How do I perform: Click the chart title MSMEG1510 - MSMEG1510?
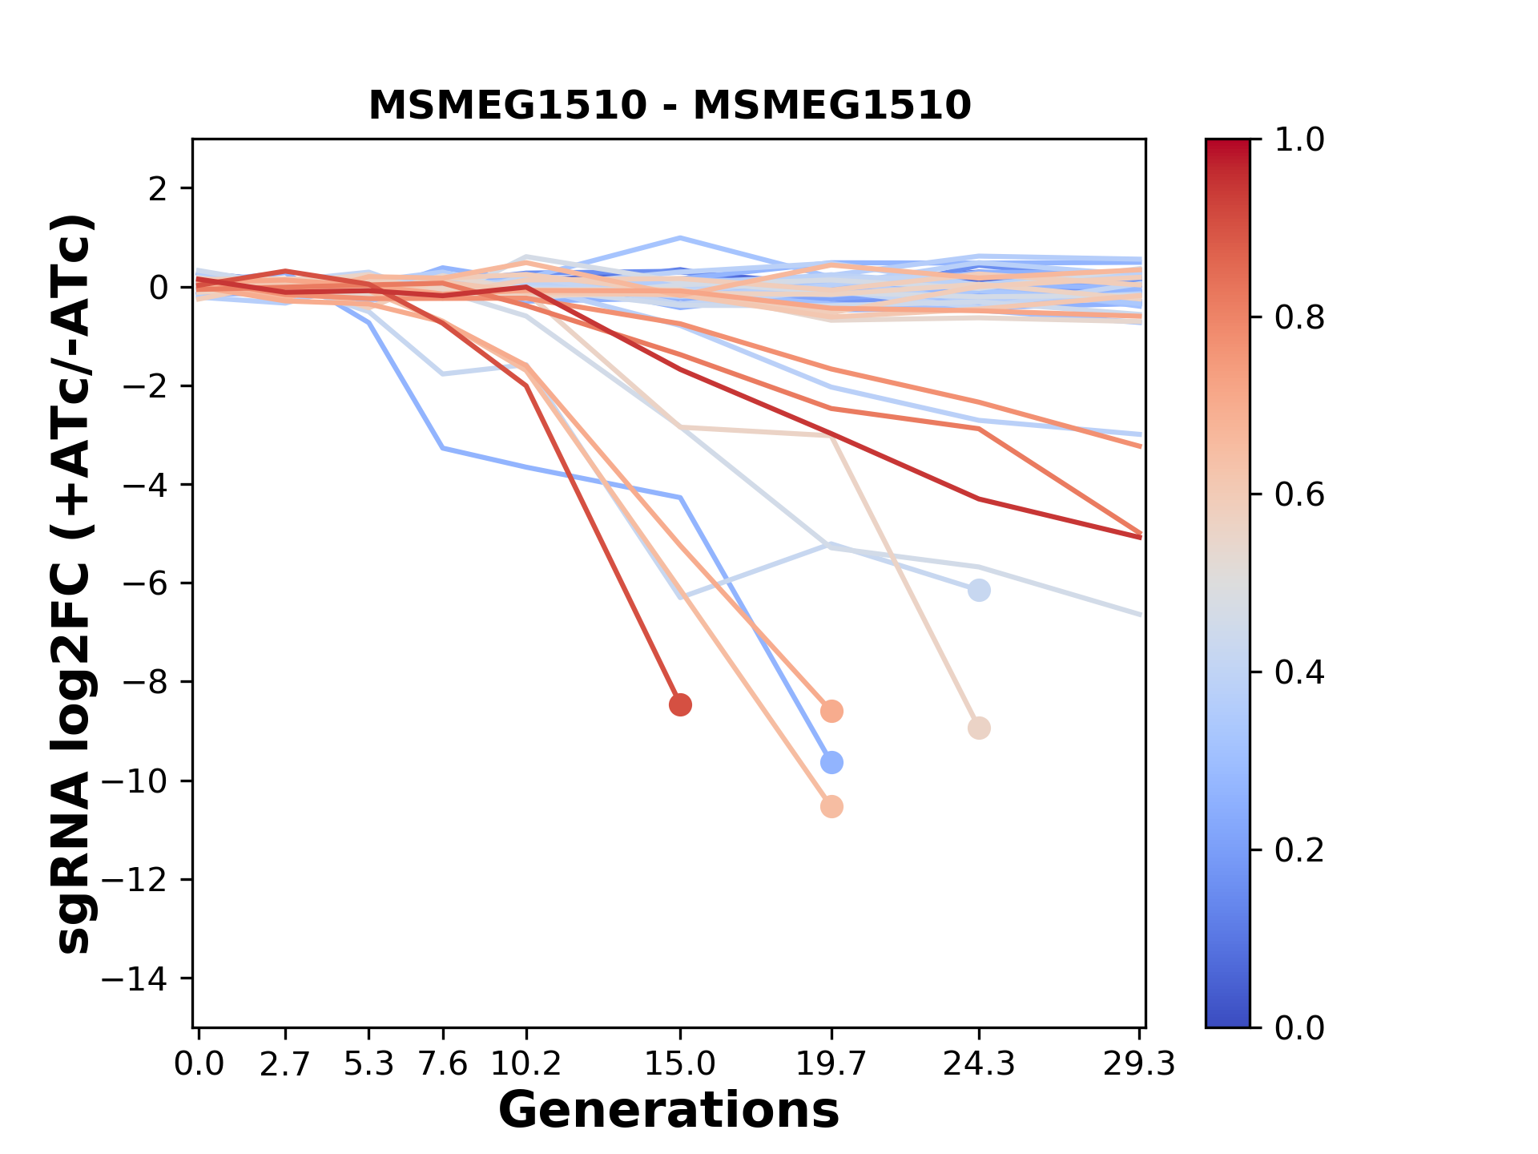670,106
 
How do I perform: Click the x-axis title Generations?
669,1111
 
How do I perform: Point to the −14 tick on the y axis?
147,978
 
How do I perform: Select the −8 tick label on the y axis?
147,682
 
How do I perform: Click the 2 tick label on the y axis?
159,188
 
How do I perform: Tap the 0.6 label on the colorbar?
1299,494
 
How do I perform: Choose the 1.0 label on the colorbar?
1299,139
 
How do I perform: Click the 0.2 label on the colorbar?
1299,849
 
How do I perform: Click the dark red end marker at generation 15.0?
680,705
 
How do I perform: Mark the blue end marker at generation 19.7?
831,762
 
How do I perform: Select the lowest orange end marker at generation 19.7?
831,806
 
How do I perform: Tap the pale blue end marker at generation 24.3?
979,591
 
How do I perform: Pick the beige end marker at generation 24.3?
979,728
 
